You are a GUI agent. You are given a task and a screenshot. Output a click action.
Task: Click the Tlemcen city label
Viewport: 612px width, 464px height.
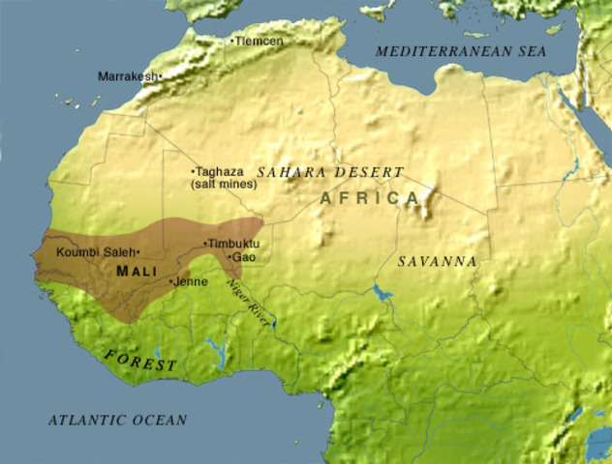(260, 41)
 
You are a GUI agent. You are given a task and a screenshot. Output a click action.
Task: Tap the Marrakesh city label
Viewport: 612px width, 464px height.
(128, 75)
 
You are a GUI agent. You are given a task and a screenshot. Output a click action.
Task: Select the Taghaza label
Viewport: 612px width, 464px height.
(219, 171)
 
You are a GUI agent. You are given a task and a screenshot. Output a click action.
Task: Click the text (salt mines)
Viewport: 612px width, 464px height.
(224, 184)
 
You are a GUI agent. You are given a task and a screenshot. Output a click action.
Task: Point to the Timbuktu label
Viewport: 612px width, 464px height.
(233, 244)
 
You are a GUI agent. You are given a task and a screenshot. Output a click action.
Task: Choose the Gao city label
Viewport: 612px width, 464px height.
(244, 257)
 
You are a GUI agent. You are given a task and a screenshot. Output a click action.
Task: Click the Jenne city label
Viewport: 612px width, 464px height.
(191, 281)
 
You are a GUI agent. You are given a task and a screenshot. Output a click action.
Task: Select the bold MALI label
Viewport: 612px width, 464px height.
(136, 271)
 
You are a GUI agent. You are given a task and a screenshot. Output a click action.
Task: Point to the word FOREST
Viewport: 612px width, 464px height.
(141, 362)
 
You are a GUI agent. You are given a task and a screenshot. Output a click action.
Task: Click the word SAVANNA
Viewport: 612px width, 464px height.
(438, 261)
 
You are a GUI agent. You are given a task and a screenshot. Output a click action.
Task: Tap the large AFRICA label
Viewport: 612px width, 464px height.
(371, 198)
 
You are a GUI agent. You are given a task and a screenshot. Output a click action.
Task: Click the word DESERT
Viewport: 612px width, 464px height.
(369, 172)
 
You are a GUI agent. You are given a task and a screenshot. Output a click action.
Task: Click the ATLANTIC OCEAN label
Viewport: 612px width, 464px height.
(117, 420)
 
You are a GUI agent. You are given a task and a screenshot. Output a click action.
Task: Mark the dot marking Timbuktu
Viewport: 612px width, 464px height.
(204, 244)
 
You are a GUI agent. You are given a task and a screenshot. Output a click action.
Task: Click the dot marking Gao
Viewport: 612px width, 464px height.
(229, 257)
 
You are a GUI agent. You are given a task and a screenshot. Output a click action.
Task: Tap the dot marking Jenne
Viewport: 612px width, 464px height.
(172, 282)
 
